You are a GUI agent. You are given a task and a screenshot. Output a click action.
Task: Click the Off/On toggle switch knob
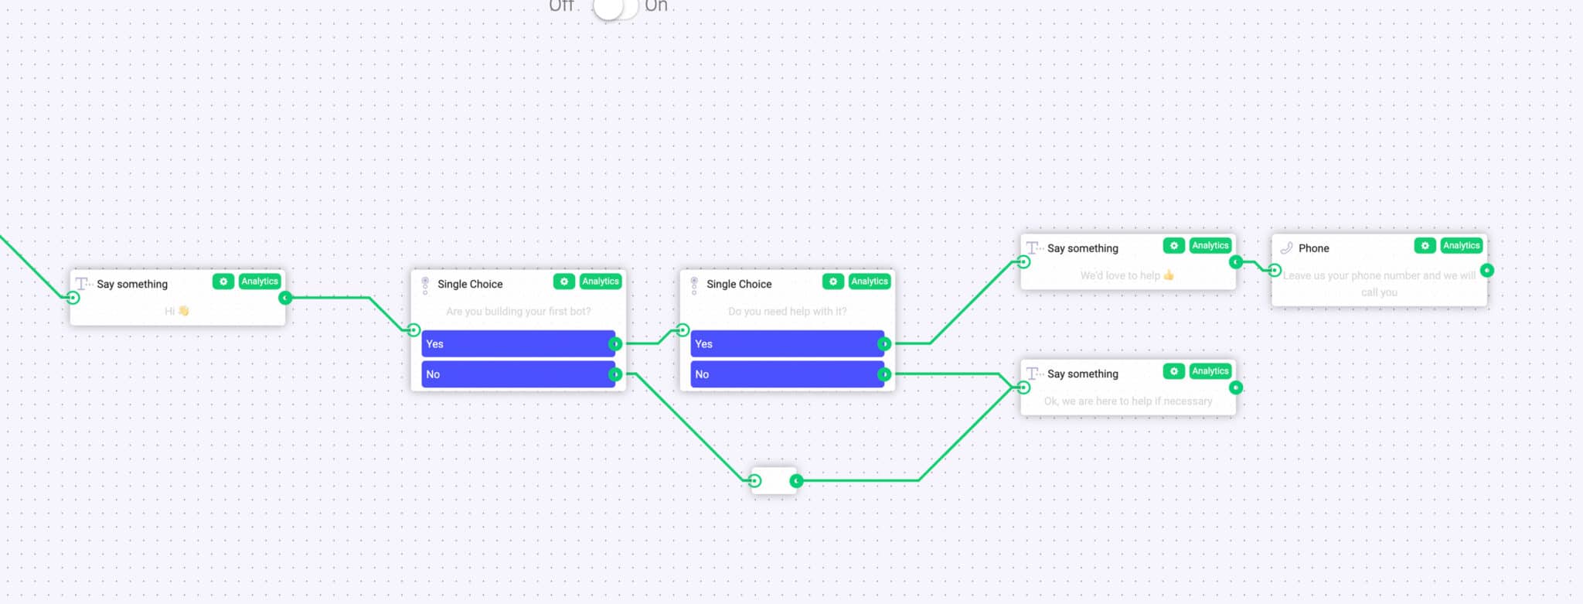point(608,7)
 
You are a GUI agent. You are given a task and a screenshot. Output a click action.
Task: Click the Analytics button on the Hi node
point(259,282)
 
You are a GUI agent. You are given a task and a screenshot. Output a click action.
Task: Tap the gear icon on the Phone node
point(1425,246)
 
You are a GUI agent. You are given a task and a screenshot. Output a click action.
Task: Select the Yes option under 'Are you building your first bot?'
point(517,344)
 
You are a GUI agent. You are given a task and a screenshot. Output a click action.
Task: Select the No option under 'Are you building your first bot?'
point(517,374)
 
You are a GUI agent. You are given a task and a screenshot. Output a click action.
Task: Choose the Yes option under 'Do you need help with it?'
point(786,344)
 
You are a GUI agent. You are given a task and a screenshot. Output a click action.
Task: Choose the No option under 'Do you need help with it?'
point(786,374)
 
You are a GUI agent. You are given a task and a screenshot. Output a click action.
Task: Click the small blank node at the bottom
point(774,481)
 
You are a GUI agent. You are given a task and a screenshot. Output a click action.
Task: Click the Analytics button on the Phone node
point(1461,246)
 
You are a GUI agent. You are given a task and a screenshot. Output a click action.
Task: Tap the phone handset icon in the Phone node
point(1286,248)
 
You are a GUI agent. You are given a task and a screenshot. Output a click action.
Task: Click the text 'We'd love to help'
point(1120,275)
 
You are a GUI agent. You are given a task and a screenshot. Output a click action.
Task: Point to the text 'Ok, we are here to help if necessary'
point(1128,401)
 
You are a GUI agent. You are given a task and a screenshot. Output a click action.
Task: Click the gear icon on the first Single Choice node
point(563,282)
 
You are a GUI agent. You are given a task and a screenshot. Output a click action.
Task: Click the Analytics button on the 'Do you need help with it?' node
point(869,282)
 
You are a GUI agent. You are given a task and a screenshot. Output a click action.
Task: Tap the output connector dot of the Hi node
point(285,298)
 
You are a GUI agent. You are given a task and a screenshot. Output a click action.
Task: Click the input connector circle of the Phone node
point(1275,271)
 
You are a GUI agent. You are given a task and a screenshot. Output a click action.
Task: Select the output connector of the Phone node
point(1487,271)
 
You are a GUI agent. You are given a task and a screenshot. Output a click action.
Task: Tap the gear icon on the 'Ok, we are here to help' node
point(1173,371)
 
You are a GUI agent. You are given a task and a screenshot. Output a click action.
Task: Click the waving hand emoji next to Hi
point(183,311)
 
